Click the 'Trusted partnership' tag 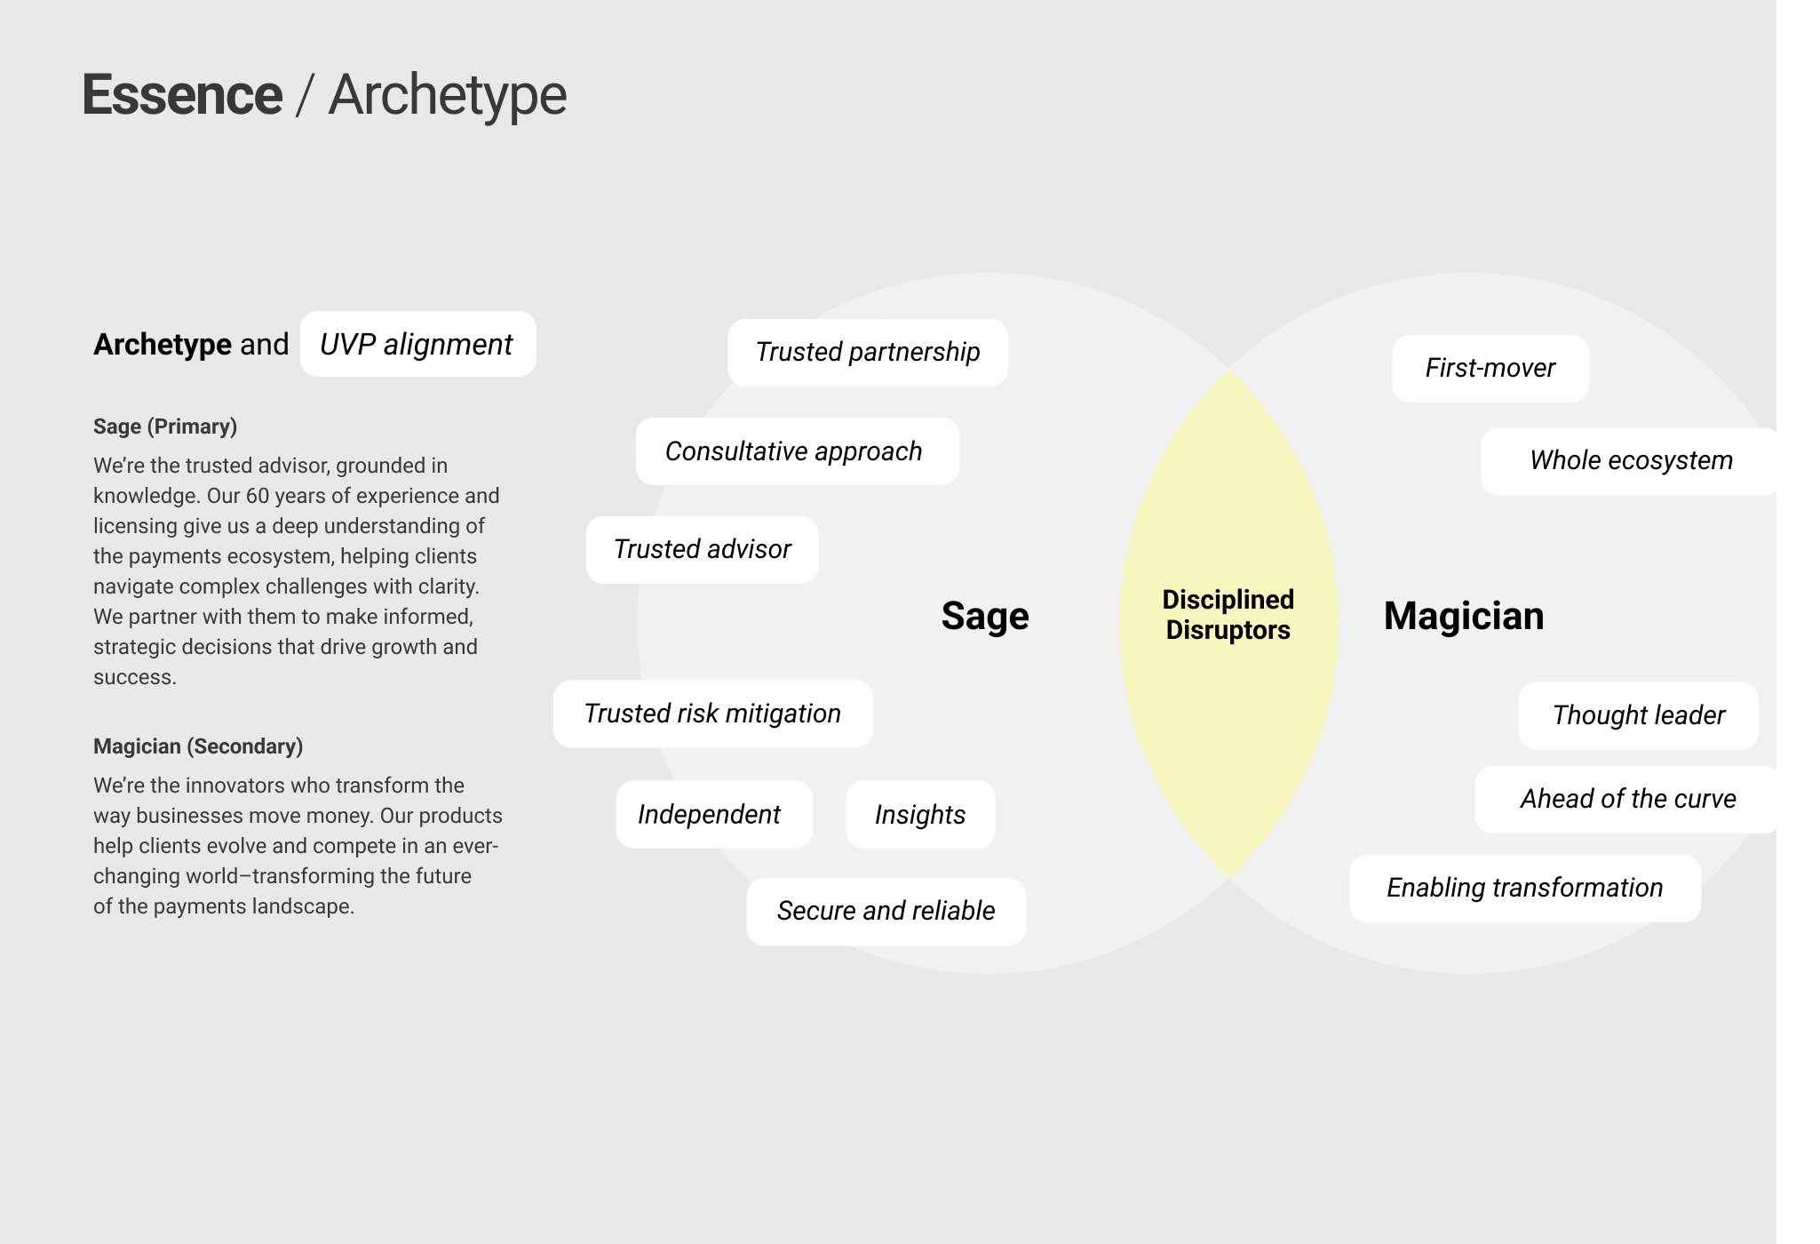(867, 353)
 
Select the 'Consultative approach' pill (797, 451)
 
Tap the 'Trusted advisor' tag (702, 550)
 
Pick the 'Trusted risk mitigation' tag (712, 714)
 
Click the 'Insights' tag (920, 814)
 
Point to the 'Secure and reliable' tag (886, 912)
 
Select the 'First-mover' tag (1490, 369)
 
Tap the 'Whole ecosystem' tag (1631, 461)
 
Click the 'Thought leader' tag (1638, 715)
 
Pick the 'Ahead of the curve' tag (1628, 799)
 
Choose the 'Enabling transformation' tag (1524, 888)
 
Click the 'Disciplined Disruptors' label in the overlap (1228, 615)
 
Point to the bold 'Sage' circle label (985, 616)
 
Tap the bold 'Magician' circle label (1463, 616)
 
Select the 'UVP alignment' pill (417, 344)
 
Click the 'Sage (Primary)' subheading (165, 427)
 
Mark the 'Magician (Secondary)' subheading (198, 746)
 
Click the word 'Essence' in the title (182, 95)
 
